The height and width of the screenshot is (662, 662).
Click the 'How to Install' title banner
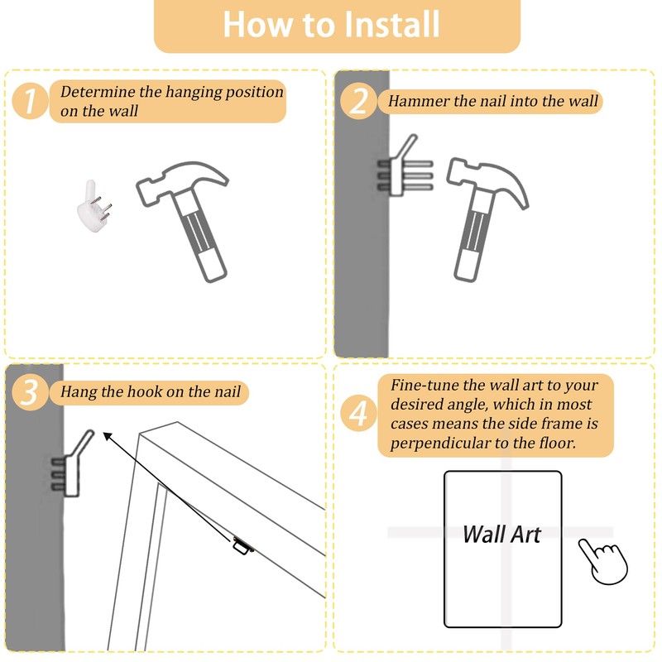click(337, 26)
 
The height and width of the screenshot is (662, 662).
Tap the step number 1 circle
click(30, 101)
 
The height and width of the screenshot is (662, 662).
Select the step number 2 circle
click(358, 101)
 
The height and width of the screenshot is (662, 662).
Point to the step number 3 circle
click(30, 392)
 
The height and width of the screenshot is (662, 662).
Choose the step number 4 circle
click(358, 414)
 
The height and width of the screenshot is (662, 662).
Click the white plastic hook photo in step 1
click(94, 206)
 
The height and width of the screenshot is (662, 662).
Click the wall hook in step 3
click(72, 465)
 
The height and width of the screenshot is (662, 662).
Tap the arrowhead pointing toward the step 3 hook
click(108, 437)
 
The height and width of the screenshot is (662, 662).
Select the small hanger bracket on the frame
click(243, 544)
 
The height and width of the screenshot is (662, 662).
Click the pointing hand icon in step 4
click(604, 561)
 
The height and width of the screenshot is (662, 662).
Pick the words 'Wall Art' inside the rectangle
click(501, 535)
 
